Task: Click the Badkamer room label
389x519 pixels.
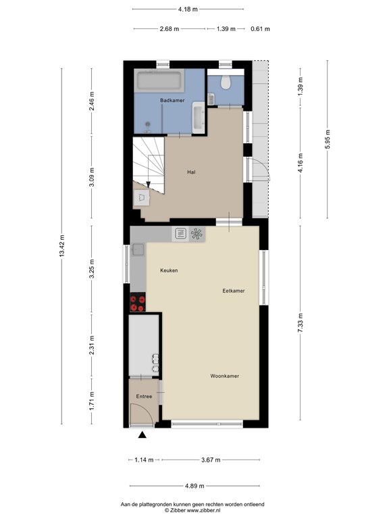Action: tap(172, 100)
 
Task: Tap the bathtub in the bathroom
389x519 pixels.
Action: tap(159, 80)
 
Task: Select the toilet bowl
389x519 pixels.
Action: tap(226, 82)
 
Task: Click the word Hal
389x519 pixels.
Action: tap(191, 172)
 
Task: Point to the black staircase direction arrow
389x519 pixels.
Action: tap(148, 184)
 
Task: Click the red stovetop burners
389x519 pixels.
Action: tap(138, 302)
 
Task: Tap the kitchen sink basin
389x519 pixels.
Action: tap(138, 249)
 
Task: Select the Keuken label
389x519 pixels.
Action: tap(169, 270)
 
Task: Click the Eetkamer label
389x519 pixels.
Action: tap(234, 291)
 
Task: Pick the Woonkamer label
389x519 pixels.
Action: tap(225, 376)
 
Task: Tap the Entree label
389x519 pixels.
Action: tap(145, 397)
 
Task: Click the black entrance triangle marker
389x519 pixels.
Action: tap(142, 435)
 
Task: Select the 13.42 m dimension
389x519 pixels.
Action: tap(62, 245)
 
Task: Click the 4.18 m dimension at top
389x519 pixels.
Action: tap(188, 9)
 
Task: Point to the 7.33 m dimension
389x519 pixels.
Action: tap(301, 323)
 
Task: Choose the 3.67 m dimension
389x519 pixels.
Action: tap(211, 460)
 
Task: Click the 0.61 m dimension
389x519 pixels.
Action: tap(260, 29)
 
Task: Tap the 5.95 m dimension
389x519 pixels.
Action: tap(328, 139)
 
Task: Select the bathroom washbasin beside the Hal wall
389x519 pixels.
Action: tap(199, 118)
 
